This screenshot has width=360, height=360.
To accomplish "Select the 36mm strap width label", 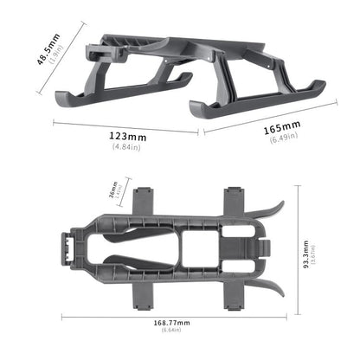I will (x=112, y=191).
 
